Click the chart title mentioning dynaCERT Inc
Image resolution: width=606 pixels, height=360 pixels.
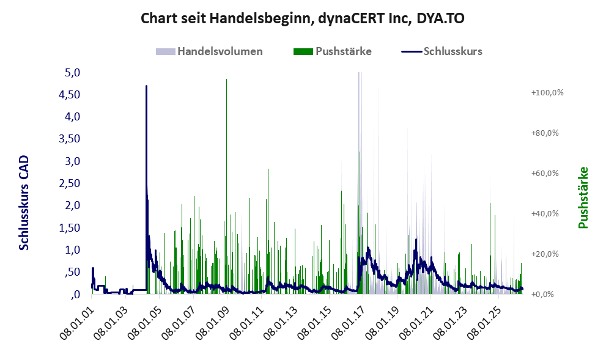click(303, 18)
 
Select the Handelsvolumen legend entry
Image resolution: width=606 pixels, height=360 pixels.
click(209, 51)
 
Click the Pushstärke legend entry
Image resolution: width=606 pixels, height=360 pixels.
click(333, 51)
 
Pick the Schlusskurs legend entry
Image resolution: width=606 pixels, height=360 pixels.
click(442, 51)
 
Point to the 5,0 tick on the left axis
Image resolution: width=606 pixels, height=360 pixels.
click(72, 73)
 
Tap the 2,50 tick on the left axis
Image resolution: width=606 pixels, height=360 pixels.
click(70, 183)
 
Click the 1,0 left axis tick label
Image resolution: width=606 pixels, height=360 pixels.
click(72, 250)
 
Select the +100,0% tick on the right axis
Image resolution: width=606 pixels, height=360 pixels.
click(548, 93)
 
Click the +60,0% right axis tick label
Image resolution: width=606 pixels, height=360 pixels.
click(545, 173)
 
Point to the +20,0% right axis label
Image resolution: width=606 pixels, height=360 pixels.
click(545, 254)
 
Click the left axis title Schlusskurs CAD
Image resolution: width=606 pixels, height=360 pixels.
click(24, 202)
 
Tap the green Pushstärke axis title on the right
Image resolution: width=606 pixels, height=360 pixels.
click(583, 197)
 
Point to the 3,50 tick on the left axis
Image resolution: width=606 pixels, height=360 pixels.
click(70, 139)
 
